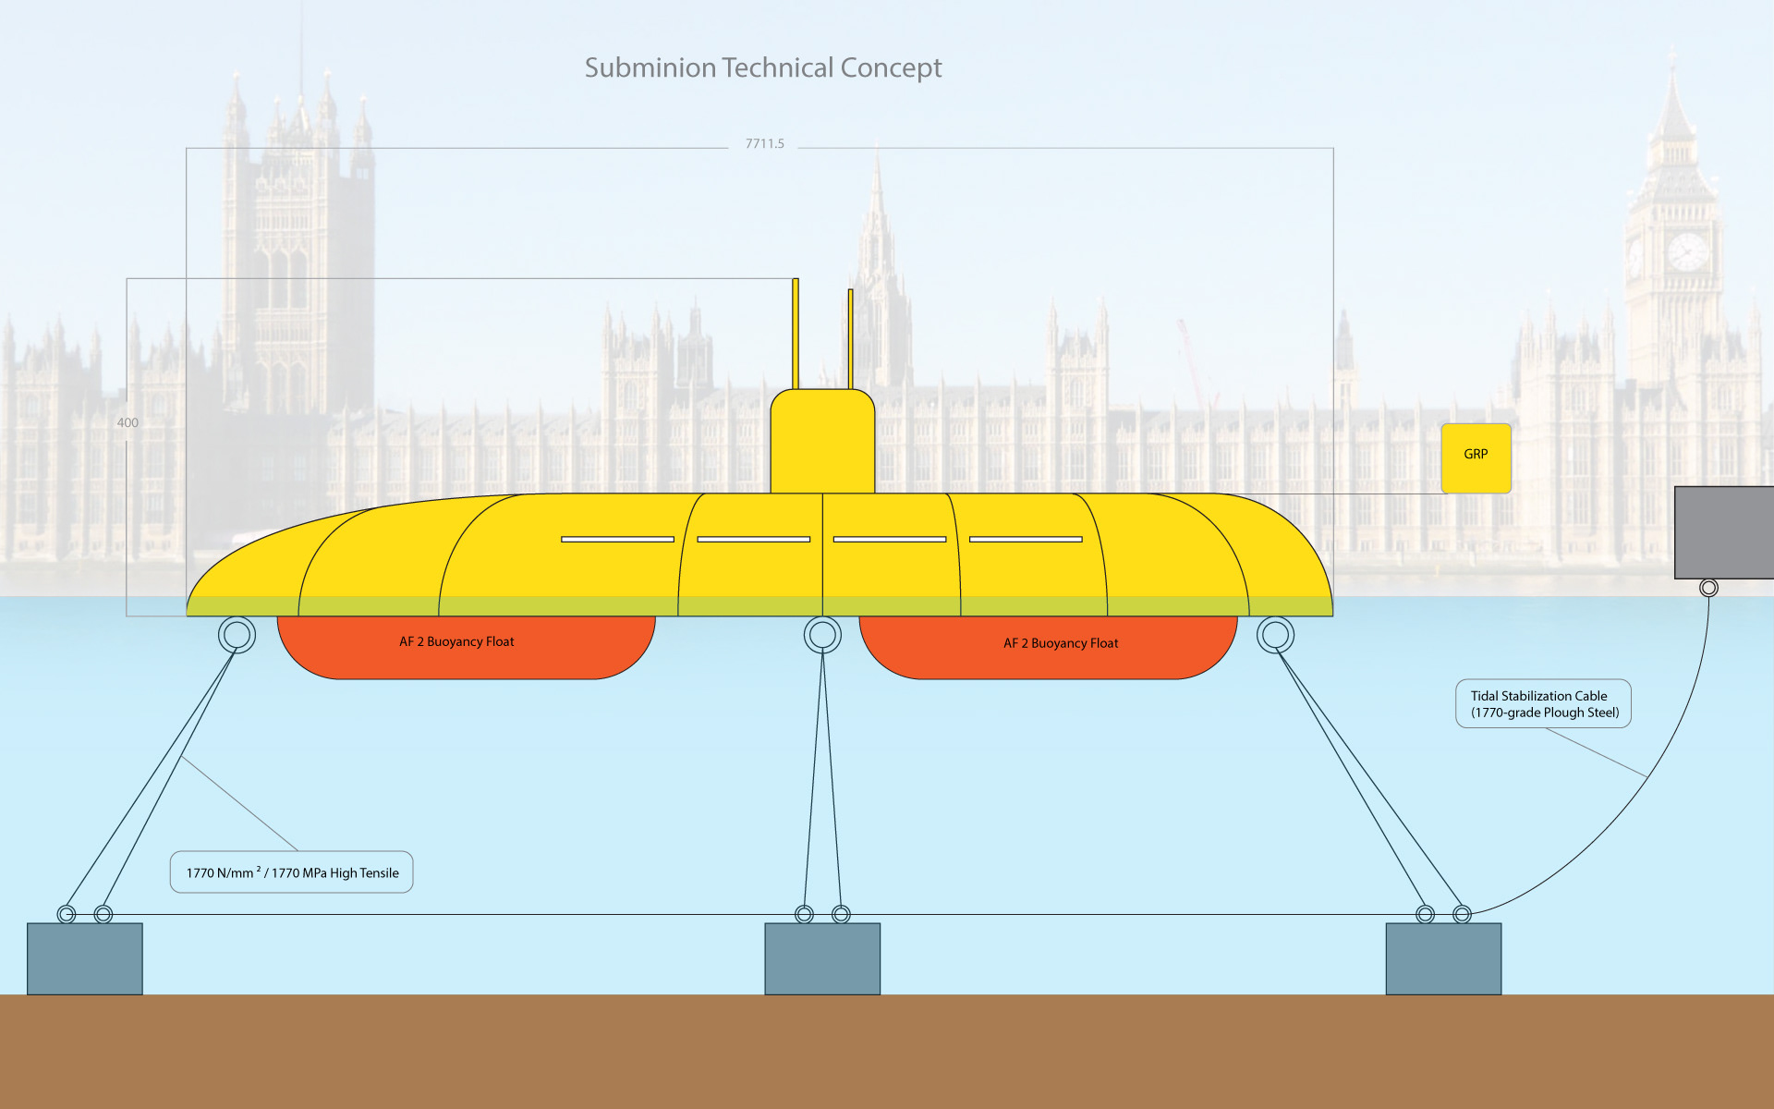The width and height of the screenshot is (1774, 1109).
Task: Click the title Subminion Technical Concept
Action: (763, 67)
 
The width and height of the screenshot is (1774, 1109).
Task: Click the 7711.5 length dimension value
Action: (764, 143)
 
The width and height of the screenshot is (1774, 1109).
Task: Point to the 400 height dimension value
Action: (128, 422)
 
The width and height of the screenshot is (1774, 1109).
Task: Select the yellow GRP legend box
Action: (1476, 457)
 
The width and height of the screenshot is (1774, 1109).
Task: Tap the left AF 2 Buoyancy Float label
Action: (456, 641)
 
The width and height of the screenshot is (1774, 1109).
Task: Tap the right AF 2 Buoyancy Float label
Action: (1061, 643)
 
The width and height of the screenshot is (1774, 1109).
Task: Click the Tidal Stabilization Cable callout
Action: (1544, 704)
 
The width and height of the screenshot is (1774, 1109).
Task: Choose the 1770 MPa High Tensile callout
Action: (292, 872)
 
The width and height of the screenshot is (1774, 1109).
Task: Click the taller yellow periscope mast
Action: (796, 333)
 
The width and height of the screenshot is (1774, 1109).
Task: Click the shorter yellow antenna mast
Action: (850, 338)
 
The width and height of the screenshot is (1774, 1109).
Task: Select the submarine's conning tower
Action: (822, 442)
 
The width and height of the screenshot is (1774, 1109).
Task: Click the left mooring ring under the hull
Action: (237, 635)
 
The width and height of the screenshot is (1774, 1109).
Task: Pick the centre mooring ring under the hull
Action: (822, 635)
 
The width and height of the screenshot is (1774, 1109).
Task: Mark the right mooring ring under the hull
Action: (1275, 635)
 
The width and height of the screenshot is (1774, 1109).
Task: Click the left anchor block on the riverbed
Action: (85, 958)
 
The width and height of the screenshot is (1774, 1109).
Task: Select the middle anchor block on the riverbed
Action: (822, 958)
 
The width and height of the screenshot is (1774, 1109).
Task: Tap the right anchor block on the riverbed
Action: (1443, 958)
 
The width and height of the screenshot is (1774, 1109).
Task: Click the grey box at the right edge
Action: (1724, 532)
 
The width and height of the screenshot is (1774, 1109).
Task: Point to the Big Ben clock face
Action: (1687, 251)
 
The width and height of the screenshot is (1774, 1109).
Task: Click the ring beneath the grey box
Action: (1709, 588)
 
